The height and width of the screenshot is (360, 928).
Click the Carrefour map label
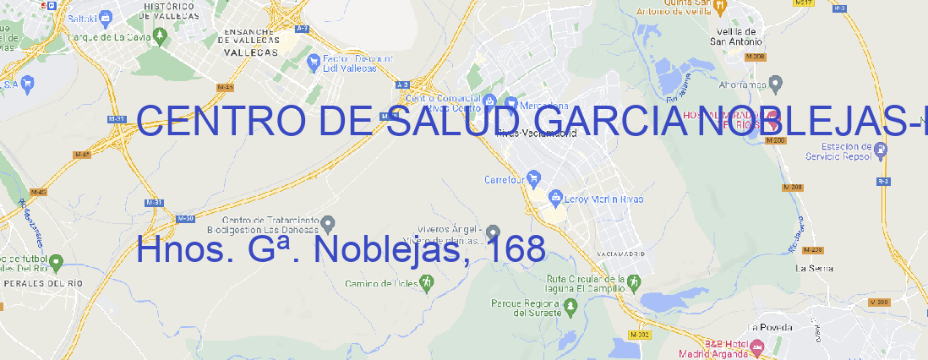coord(505,179)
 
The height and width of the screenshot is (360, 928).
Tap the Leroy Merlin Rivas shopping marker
coord(555,198)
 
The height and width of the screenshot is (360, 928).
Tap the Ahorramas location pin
coord(777,83)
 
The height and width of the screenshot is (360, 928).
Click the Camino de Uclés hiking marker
coord(426,281)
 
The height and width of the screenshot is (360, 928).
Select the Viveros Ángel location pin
coord(494,232)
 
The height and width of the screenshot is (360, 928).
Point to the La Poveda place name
coord(770,327)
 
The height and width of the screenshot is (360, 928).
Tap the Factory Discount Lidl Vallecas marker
coord(314,60)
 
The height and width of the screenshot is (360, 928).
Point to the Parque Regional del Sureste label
coord(526,307)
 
